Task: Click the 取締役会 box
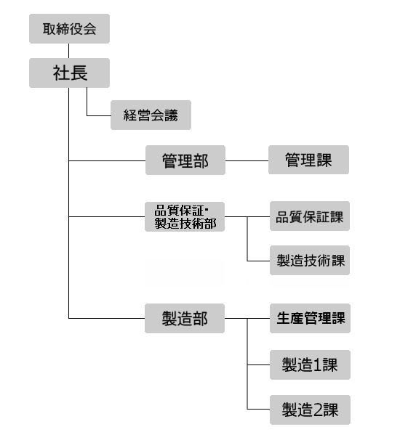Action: (69, 28)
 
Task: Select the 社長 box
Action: (69, 73)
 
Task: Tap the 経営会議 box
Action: (151, 115)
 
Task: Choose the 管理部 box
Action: (185, 160)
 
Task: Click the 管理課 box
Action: (308, 160)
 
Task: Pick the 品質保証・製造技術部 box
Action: (185, 217)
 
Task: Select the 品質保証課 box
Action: (310, 216)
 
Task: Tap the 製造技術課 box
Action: (310, 260)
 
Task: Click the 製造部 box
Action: (185, 318)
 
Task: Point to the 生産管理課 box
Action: (310, 318)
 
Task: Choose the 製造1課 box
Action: (310, 364)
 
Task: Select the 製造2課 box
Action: (310, 410)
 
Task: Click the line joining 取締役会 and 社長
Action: (68, 51)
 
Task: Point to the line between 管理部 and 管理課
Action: (247, 160)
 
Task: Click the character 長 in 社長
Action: (79, 73)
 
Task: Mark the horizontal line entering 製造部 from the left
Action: (107, 318)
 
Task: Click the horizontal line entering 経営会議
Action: (99, 115)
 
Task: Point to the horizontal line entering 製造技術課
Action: (258, 261)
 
